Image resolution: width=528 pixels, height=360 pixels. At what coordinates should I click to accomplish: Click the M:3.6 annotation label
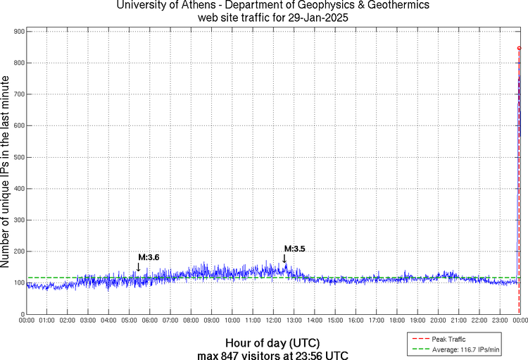tap(149, 257)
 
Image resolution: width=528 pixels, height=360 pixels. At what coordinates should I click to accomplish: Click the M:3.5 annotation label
tap(294, 248)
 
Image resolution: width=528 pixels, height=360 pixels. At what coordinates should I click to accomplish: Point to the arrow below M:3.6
tap(139, 267)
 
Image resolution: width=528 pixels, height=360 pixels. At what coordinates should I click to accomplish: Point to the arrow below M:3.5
tap(284, 258)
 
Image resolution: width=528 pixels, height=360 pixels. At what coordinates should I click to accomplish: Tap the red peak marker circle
tap(519, 48)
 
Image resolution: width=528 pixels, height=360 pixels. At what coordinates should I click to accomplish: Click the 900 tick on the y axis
tap(17, 32)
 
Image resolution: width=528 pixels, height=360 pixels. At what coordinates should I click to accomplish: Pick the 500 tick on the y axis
tap(17, 157)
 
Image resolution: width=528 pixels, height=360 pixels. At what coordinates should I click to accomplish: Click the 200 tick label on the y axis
tap(17, 252)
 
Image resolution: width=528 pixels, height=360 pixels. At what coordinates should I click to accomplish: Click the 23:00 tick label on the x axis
tap(499, 321)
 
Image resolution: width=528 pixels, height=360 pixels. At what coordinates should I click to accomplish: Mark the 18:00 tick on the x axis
tap(396, 321)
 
